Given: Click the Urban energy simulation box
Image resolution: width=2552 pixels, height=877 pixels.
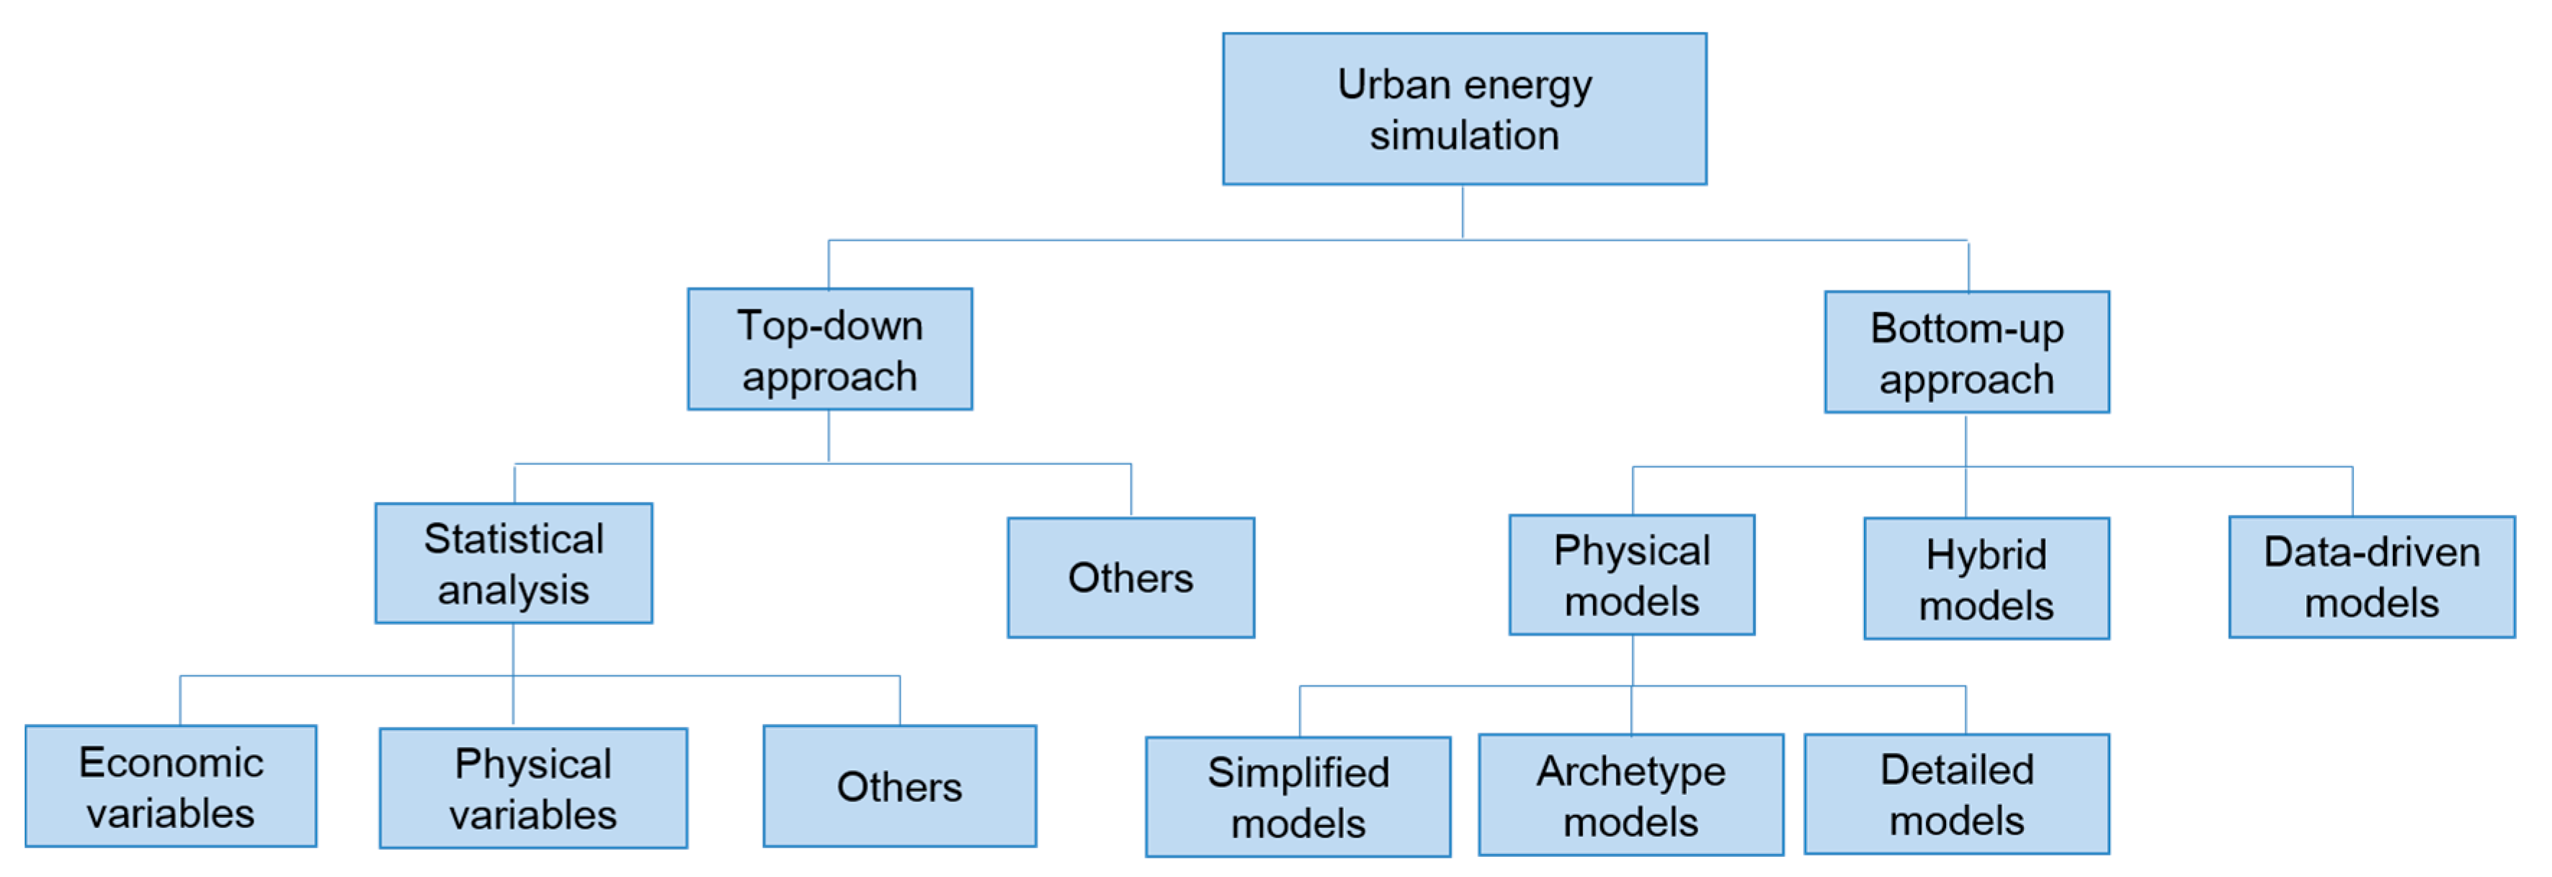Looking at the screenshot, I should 1464,109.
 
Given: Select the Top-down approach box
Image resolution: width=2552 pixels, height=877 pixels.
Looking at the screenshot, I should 829,349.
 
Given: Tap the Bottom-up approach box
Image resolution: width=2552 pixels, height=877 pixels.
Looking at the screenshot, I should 1966,352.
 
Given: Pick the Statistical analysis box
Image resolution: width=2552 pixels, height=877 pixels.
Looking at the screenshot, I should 513,563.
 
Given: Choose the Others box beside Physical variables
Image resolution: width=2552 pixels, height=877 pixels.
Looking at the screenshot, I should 898,785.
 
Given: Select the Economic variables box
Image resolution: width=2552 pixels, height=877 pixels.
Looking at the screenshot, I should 170,785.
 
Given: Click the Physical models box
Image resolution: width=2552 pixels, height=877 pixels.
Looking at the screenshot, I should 1632,575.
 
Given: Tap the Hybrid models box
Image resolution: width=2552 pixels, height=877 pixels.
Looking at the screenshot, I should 1986,578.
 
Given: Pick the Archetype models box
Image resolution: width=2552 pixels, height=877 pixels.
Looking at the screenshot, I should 1630,795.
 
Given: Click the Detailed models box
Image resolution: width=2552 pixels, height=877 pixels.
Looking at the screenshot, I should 1957,793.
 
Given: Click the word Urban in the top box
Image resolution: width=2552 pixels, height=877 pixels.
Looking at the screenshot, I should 1393,84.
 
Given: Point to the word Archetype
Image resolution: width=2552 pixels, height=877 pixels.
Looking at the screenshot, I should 1630,771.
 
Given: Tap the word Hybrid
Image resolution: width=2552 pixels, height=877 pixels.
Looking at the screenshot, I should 1986,555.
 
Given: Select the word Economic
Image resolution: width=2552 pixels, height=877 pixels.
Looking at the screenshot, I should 170,762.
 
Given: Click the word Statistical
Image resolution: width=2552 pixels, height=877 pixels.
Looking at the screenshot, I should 513,539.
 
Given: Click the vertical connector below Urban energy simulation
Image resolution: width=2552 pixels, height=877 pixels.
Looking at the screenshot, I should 1463,211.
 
